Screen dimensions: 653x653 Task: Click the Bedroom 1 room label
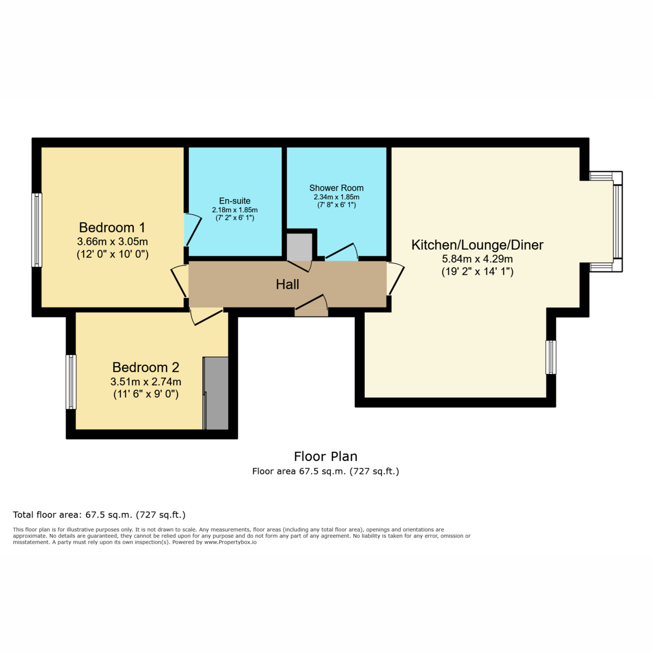[112, 227]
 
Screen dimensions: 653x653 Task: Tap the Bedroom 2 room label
[146, 367]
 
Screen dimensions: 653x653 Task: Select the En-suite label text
[235, 201]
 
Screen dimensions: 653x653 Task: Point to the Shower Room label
[336, 188]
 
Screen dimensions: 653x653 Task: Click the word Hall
[287, 285]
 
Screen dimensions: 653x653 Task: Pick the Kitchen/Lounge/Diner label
[477, 245]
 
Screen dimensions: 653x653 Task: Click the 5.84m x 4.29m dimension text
[477, 259]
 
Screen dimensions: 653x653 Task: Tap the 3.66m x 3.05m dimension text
[113, 242]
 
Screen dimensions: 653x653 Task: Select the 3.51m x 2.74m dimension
[146, 382]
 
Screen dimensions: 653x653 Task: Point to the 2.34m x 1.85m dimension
[336, 197]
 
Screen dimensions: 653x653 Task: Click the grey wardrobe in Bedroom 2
[216, 393]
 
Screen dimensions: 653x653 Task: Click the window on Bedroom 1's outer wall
[37, 230]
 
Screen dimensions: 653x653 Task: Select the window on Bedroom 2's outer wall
[71, 381]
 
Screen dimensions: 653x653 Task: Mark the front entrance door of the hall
[311, 305]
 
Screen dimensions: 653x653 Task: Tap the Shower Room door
[342, 252]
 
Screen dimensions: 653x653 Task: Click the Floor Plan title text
[325, 457]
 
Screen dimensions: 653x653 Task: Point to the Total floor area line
[99, 515]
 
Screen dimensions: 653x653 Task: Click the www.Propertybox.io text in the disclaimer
[230, 542]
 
